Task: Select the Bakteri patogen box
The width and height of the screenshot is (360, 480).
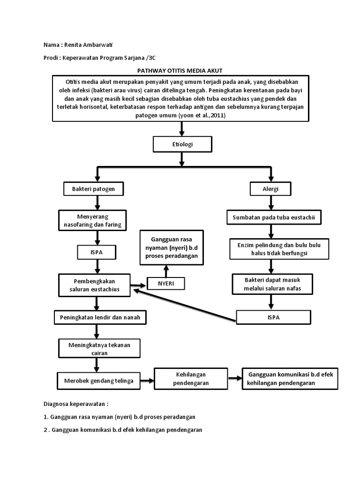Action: pos(96,189)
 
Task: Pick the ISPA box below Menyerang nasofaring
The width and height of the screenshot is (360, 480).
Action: pos(96,253)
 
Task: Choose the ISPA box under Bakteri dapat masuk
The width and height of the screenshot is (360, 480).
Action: pos(273,317)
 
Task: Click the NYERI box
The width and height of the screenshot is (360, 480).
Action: pos(166,283)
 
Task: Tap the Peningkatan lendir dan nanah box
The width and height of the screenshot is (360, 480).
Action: pos(99,317)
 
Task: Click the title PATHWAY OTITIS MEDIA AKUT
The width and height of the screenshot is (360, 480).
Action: pos(180,70)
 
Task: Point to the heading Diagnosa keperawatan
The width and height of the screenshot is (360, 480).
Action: pos(76,404)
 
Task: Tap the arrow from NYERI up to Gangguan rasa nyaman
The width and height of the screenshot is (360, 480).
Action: pos(166,270)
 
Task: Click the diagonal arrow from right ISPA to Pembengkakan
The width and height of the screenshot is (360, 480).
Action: pos(184,305)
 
